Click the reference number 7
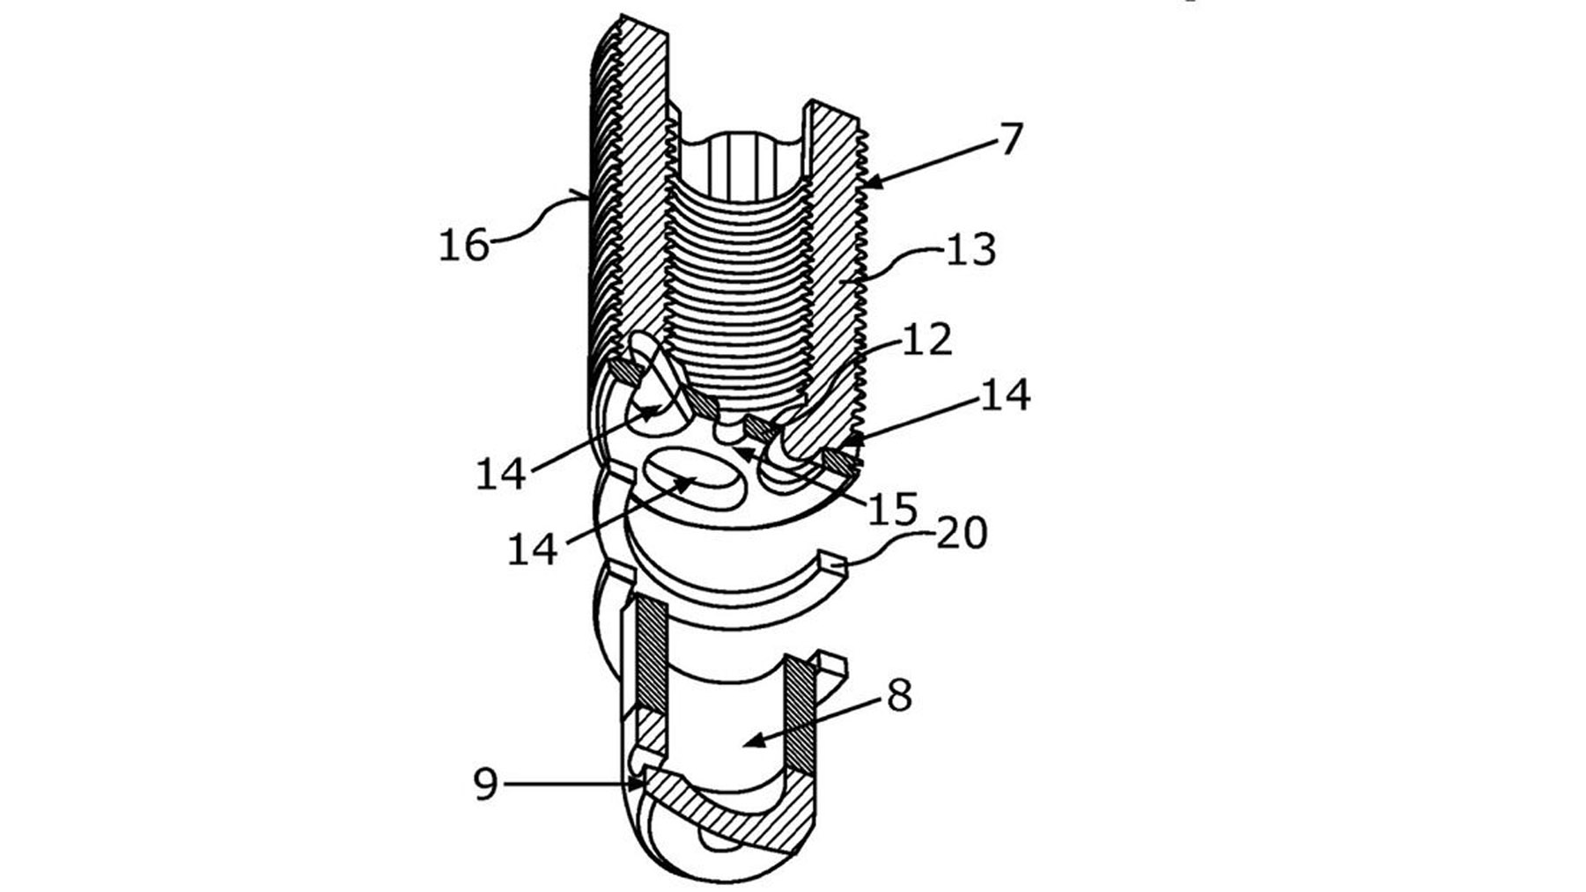pyautogui.click(x=1010, y=139)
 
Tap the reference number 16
pyautogui.click(x=464, y=244)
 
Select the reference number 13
pyautogui.click(x=970, y=250)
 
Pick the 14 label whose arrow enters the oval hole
pyautogui.click(x=533, y=549)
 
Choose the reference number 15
pyautogui.click(x=893, y=509)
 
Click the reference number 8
pyautogui.click(x=899, y=697)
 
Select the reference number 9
pyautogui.click(x=486, y=783)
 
